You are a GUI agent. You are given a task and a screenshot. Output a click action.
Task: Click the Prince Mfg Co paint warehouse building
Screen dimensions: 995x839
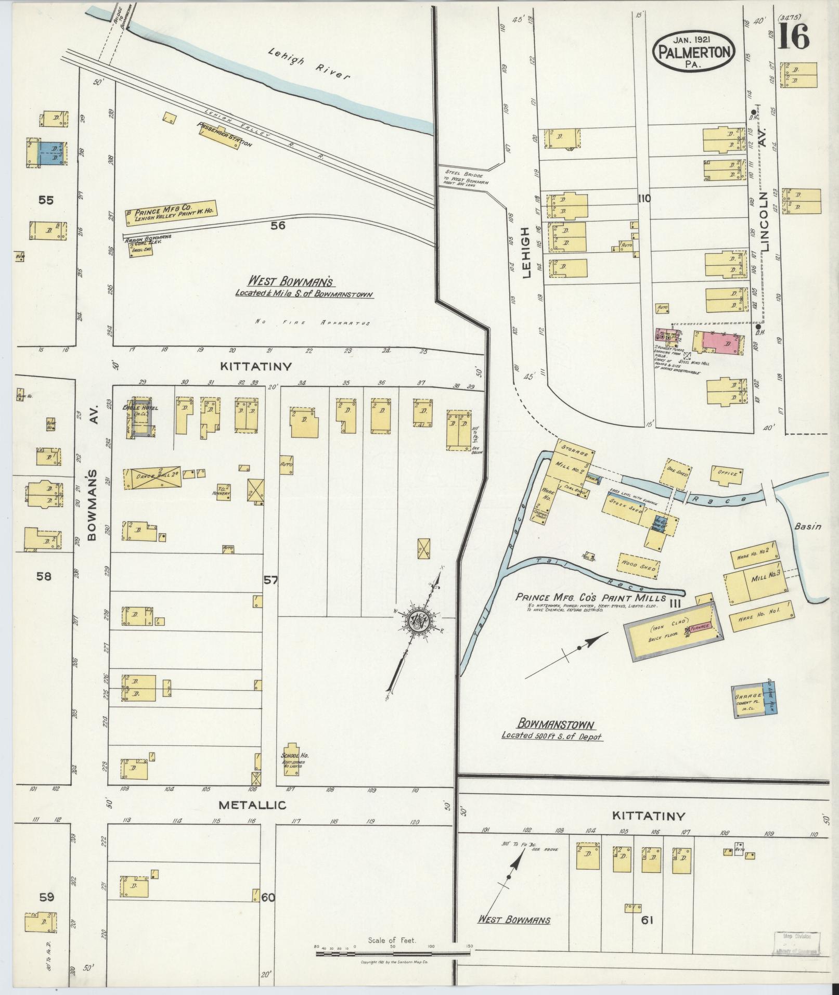(172, 213)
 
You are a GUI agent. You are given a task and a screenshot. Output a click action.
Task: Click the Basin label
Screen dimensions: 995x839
(808, 526)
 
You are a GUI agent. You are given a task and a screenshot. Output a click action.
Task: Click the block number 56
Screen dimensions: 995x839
(278, 225)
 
